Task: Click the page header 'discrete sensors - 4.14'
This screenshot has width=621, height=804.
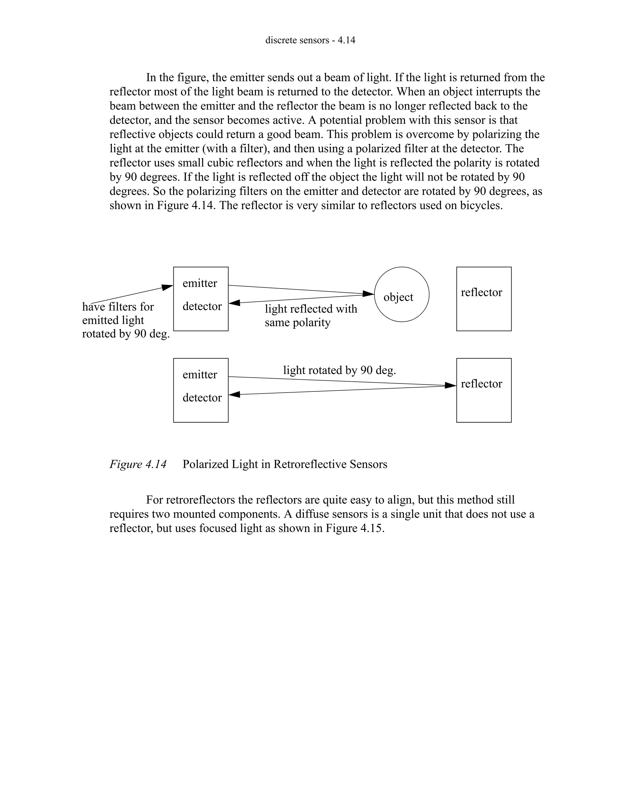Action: coord(310,40)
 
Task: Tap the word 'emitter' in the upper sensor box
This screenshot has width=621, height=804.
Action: coord(200,283)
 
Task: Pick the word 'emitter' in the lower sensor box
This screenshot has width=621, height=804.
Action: coord(200,374)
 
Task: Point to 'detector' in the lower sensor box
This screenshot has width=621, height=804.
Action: coord(202,397)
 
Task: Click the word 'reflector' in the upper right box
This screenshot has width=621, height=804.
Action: coord(481,292)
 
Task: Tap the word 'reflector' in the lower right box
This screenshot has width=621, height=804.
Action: coord(481,383)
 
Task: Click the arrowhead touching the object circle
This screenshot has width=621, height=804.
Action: coord(369,293)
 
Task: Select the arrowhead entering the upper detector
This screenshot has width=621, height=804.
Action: coord(234,303)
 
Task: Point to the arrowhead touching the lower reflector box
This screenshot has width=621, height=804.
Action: coord(451,385)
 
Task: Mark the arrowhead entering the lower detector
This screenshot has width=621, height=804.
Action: coord(234,395)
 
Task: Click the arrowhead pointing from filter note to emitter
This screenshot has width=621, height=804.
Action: coord(168,287)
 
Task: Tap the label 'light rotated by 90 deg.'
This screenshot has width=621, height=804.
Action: coord(339,370)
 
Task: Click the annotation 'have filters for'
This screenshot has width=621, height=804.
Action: coord(118,307)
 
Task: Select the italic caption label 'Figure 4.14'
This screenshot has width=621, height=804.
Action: coord(138,464)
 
